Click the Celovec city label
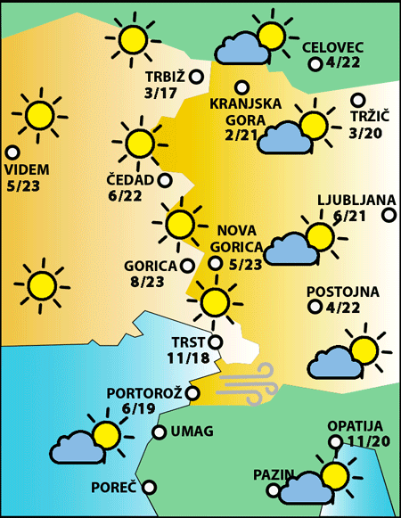click(x=333, y=46)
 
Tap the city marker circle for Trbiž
click(x=197, y=77)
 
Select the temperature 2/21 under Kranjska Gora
click(x=241, y=135)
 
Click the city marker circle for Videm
click(x=12, y=152)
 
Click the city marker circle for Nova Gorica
click(x=215, y=262)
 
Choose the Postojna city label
click(x=342, y=292)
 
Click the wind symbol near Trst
click(x=249, y=381)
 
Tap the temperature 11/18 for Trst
click(x=187, y=358)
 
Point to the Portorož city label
click(x=144, y=392)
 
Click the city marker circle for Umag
click(x=159, y=432)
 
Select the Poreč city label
click(x=114, y=488)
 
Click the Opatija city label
click(x=354, y=425)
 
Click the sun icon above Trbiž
click(x=133, y=37)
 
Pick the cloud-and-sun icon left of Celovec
click(x=250, y=41)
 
